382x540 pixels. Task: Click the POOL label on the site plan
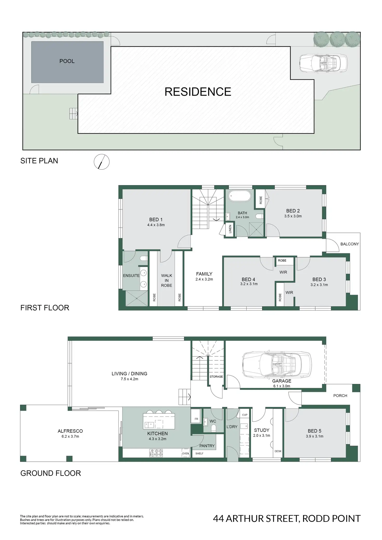67,61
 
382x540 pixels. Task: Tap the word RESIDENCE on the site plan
198,92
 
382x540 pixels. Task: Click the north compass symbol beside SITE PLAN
101,162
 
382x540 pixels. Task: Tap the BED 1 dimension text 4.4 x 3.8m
156,225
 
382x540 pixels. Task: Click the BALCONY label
350,244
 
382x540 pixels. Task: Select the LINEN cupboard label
230,229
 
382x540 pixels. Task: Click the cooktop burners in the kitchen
156,453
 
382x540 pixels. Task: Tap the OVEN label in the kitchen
186,453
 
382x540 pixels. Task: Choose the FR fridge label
196,419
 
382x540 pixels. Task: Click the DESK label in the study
278,451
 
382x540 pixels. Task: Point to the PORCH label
340,396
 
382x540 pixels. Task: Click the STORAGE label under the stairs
216,377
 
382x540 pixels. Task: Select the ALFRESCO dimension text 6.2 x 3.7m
70,436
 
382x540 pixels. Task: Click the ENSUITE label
131,276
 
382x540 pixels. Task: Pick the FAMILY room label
204,274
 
